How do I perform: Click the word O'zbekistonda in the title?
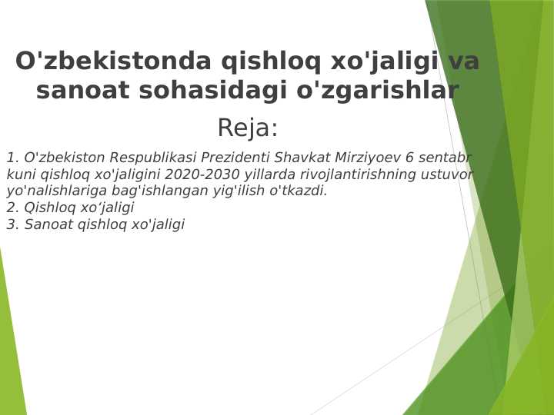pyautogui.click(x=113, y=61)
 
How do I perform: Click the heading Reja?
pyautogui.click(x=248, y=128)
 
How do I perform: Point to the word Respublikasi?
pyautogui.click(x=153, y=158)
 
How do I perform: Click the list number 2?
pyautogui.click(x=12, y=208)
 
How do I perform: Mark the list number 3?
pyautogui.click(x=12, y=225)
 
